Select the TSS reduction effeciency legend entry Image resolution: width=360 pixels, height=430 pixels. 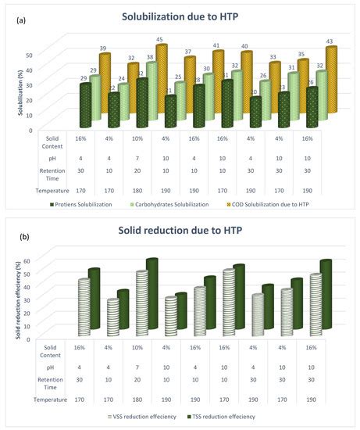(226, 416)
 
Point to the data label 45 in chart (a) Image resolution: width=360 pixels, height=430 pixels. (160, 40)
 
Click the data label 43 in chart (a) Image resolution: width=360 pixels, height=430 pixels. (329, 41)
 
